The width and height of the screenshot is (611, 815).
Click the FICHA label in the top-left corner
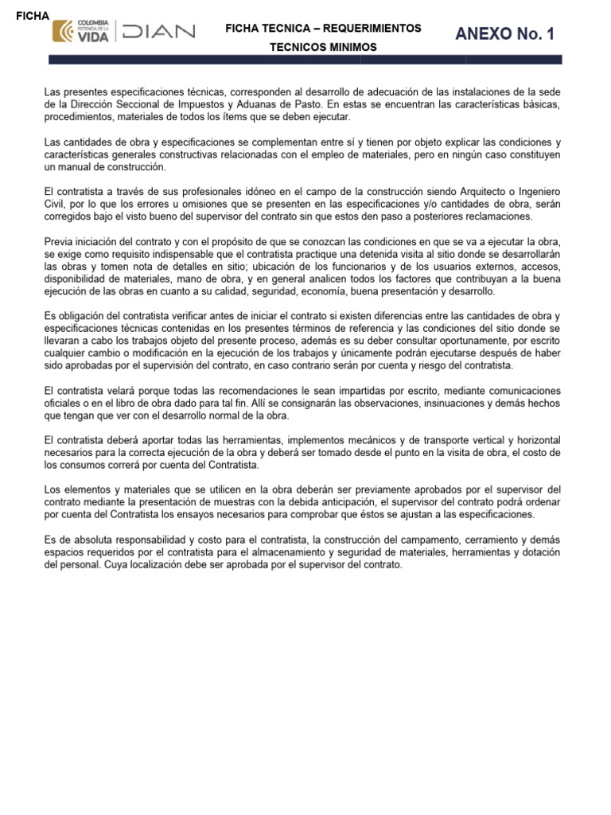33,16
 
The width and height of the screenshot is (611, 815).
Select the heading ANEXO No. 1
504,33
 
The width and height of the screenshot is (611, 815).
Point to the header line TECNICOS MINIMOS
323,47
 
